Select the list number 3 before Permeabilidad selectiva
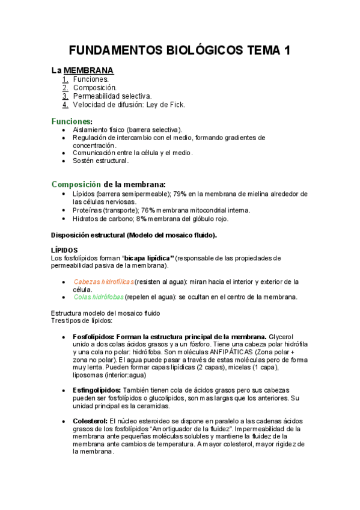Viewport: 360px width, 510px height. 66,96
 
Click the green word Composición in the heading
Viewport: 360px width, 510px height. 76,184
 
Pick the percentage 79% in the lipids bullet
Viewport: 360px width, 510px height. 181,194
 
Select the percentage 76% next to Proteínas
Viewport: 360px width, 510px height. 149,210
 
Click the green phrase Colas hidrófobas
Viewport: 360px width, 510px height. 99,296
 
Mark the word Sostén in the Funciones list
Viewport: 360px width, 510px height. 84,161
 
